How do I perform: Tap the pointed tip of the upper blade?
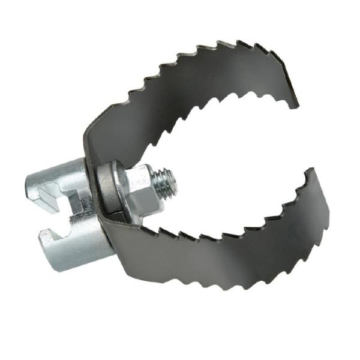coord(298,107)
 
